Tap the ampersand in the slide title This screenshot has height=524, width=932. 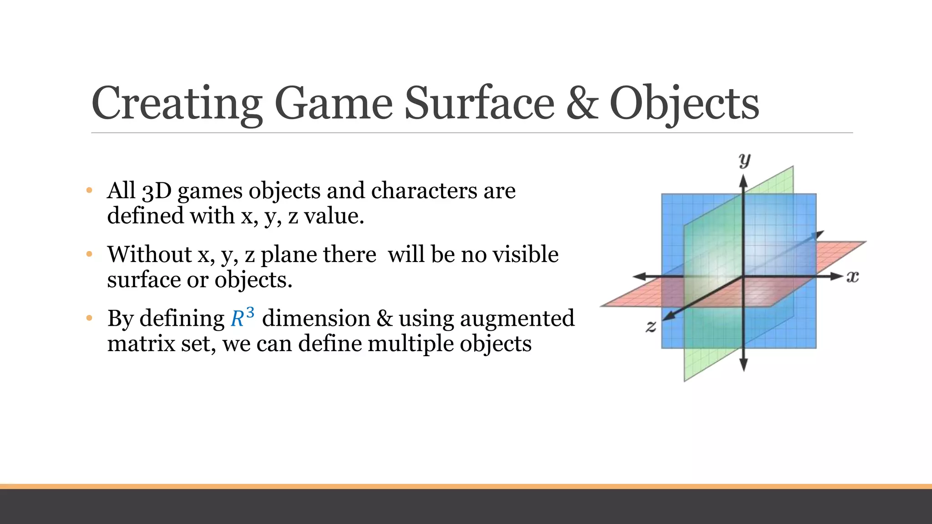[582, 104]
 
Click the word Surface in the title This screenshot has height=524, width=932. [479, 104]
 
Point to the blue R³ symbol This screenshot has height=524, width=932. [242, 317]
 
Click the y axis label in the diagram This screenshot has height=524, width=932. [745, 160]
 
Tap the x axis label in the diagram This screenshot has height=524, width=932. [852, 277]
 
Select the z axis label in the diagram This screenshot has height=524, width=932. [651, 326]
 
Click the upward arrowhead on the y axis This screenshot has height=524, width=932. [743, 182]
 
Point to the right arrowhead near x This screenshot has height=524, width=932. [836, 277]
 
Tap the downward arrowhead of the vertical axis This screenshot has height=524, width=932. [744, 365]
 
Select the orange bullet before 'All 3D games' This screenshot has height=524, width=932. [89, 190]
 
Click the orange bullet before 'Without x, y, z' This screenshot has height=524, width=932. [89, 254]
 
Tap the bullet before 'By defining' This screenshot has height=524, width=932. [89, 318]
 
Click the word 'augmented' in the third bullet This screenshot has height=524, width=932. [517, 318]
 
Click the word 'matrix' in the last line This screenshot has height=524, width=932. [141, 343]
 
